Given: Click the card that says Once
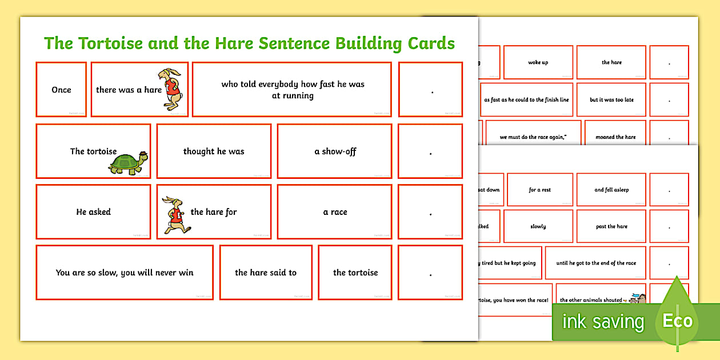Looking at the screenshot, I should coord(61,90).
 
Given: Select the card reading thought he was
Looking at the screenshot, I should coord(214,151).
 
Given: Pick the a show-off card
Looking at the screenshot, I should coord(335,151).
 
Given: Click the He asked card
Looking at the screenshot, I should coord(93,212).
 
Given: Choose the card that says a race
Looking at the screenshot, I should coord(335,212).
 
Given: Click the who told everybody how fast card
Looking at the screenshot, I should coord(292,90).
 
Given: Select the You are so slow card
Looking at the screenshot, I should coord(125,273).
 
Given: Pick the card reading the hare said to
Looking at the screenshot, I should coord(266,273).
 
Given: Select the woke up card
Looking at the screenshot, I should coord(538,62).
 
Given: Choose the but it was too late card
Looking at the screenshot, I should coord(611,99).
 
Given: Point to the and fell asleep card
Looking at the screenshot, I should coord(611,190).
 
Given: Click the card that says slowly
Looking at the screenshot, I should coord(538,226).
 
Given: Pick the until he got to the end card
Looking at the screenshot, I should coord(596,263).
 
